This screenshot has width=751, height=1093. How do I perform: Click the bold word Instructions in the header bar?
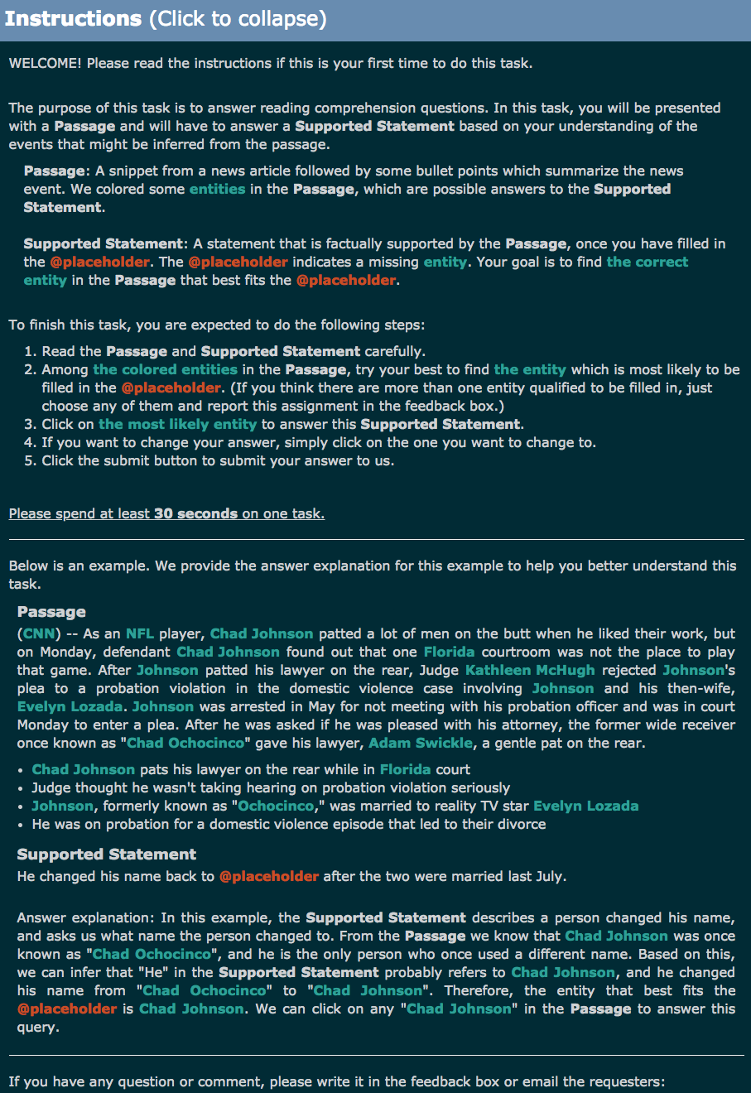(x=74, y=18)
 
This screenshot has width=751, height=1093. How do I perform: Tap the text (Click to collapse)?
(x=238, y=18)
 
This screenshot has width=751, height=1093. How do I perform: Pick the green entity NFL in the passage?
(x=140, y=634)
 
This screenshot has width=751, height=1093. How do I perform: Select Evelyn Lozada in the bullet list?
(x=585, y=807)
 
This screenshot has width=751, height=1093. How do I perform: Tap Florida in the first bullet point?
(x=406, y=770)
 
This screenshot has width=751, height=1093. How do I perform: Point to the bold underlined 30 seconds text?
(x=195, y=514)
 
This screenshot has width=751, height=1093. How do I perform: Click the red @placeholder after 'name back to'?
(x=268, y=876)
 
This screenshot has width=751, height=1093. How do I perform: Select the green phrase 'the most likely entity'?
(x=177, y=425)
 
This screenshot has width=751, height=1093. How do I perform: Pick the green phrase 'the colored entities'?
(x=165, y=370)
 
